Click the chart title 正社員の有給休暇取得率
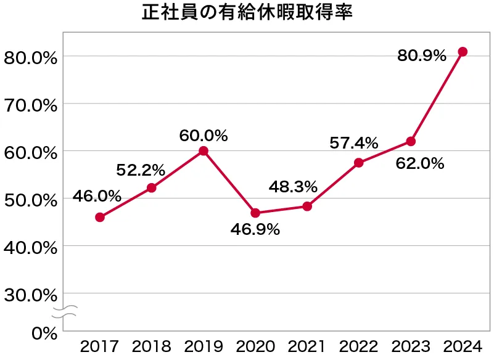click(247, 14)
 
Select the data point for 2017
click(100, 217)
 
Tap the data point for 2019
click(204, 151)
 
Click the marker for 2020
click(255, 213)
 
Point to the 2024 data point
click(463, 52)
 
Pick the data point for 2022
click(359, 163)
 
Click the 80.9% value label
click(421, 56)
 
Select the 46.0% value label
click(97, 197)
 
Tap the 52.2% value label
click(141, 169)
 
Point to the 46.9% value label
click(256, 231)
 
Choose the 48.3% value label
click(293, 186)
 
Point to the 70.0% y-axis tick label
click(30, 105)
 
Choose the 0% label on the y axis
click(43, 333)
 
